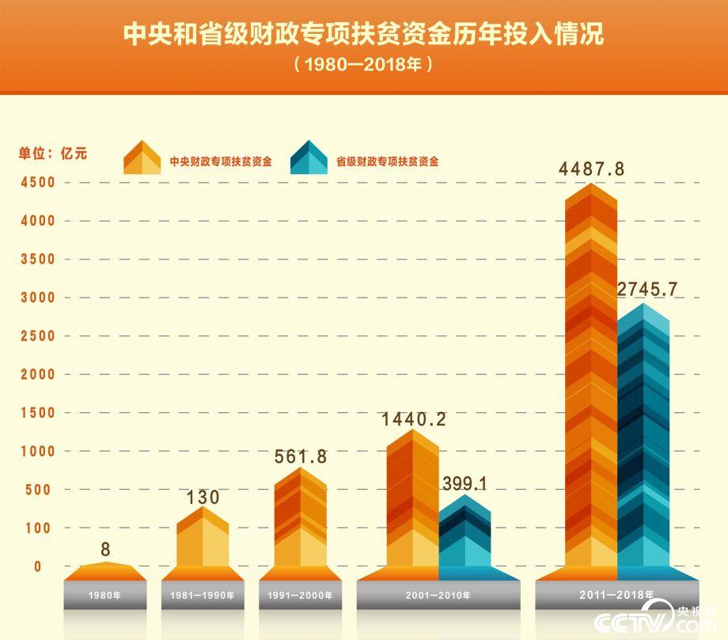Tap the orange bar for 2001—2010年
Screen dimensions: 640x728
(x=412, y=498)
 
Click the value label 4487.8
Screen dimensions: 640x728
(x=591, y=169)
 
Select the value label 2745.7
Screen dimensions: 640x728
(x=648, y=290)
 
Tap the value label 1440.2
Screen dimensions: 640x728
(x=414, y=418)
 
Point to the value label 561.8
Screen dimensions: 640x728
(x=300, y=456)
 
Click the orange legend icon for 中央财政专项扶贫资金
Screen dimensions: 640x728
(x=142, y=157)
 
